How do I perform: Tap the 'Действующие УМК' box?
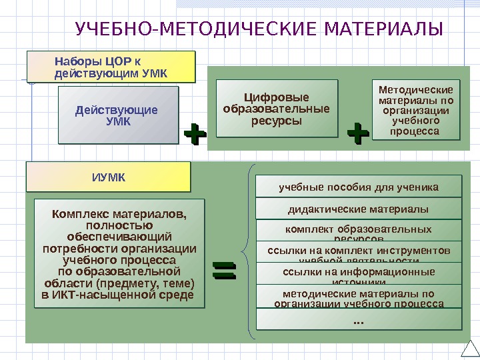pos(118,115)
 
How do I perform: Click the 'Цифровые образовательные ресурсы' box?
pos(277,109)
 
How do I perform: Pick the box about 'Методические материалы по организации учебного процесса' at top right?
pos(415,110)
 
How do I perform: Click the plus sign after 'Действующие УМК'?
pos(194,133)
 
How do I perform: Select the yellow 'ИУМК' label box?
pos(108,177)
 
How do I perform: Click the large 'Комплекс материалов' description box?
pos(119,253)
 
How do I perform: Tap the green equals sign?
pos(224,271)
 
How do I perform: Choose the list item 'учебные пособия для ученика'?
pos(359,187)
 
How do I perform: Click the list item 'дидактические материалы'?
pos(359,209)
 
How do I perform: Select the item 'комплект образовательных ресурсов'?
pos(359,231)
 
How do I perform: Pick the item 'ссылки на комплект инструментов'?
pos(359,251)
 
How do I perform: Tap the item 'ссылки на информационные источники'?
pos(359,273)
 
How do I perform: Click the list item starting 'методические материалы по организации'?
pos(359,297)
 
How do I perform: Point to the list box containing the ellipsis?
pos(359,321)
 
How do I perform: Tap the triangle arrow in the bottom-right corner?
pos(469,351)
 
